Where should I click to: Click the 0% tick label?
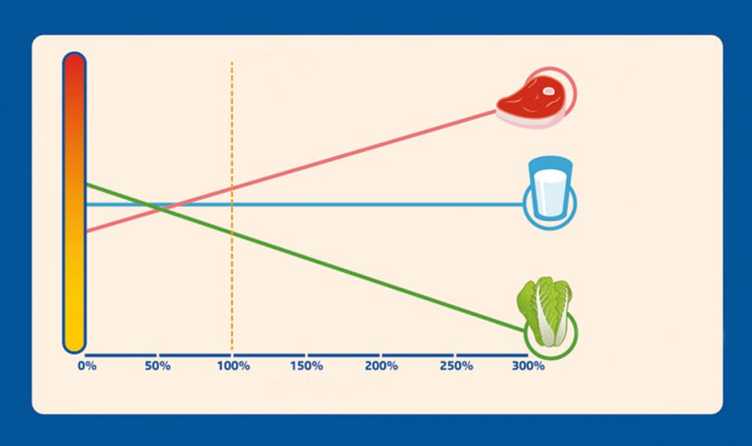87,366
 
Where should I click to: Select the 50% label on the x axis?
158,366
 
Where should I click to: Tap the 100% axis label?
233,366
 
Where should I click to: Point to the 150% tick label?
306,366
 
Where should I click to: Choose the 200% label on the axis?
382,366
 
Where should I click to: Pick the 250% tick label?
456,366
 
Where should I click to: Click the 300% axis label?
528,366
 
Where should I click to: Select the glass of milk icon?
551,189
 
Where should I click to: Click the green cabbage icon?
545,311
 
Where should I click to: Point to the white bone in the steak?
548,90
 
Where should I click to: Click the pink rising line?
291,171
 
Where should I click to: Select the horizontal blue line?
305,204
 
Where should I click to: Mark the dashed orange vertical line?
232,207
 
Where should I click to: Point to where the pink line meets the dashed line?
232,189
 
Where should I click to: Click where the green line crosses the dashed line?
232,233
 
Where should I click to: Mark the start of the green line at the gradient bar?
85,184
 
